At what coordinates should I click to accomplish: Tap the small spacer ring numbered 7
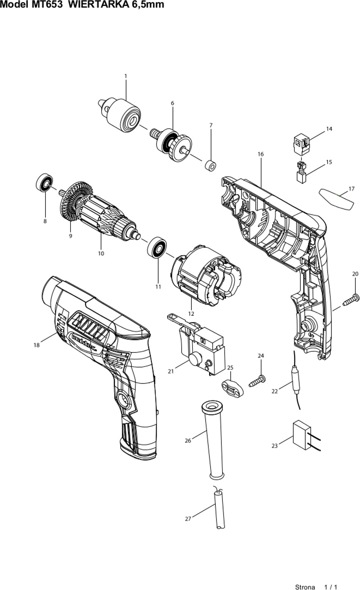tap(211, 165)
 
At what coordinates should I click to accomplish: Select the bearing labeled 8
tap(44, 183)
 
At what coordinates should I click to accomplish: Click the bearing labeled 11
tap(157, 248)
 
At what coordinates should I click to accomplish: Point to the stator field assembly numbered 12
tap(206, 276)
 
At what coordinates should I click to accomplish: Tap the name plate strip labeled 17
tap(336, 199)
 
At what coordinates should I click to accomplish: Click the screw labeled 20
tap(351, 300)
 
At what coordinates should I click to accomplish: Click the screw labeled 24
tap(257, 381)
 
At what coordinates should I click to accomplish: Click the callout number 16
tap(261, 154)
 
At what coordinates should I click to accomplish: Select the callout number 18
tap(37, 345)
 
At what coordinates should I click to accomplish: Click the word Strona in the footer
tap(305, 587)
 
